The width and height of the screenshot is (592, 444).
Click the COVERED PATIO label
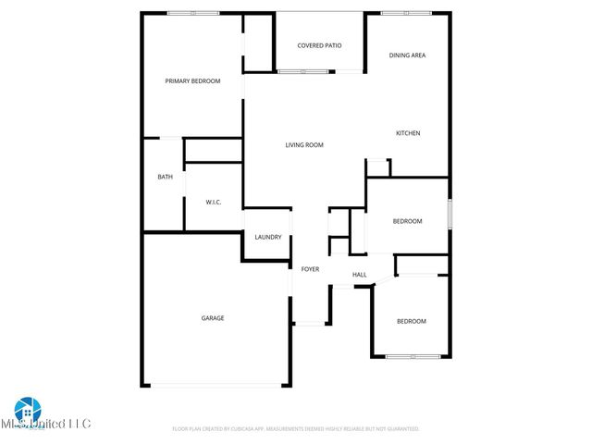tap(319, 45)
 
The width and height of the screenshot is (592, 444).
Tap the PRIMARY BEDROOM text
tap(192, 81)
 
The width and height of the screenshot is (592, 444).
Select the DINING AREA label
tap(407, 55)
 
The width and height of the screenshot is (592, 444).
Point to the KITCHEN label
tap(408, 133)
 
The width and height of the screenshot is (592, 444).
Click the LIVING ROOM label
tap(303, 145)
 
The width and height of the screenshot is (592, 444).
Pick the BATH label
tap(165, 177)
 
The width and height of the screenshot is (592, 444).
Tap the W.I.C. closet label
tap(213, 202)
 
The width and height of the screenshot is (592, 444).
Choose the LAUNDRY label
tap(267, 238)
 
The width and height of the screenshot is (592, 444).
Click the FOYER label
tap(310, 269)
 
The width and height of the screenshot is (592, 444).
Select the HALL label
tap(360, 274)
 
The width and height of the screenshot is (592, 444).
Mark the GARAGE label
tap(213, 318)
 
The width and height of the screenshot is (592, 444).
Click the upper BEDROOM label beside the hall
tap(407, 221)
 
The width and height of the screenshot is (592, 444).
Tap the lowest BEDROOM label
tap(412, 321)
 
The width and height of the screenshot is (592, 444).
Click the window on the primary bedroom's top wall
tap(192, 13)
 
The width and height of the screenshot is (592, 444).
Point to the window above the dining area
tap(398, 13)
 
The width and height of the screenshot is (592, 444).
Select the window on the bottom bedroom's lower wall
tap(413, 356)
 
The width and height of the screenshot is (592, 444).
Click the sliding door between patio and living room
tap(302, 71)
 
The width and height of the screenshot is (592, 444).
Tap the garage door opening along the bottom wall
tap(216, 386)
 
